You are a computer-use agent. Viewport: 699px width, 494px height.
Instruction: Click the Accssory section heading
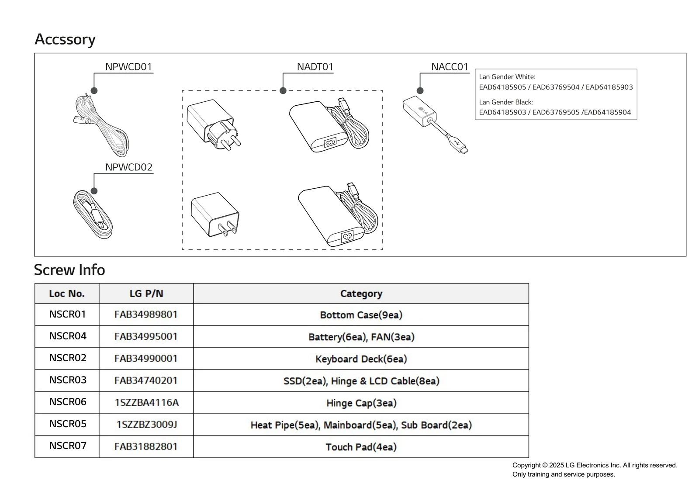[x=65, y=39]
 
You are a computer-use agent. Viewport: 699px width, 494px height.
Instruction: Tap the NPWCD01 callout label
[x=128, y=67]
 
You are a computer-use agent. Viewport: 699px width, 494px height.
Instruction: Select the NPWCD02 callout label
[x=128, y=167]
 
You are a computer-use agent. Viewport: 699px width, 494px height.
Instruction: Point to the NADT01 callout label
[x=315, y=67]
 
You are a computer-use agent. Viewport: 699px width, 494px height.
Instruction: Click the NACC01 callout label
[x=450, y=67]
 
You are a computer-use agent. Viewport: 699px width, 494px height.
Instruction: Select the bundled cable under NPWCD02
[x=93, y=215]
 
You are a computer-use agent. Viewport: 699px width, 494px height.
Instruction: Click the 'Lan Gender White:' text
[x=507, y=77]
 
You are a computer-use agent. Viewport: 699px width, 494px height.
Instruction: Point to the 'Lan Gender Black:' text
[x=506, y=102]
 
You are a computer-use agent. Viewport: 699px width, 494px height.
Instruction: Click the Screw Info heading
[x=69, y=270]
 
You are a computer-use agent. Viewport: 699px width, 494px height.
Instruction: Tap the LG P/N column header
[x=146, y=294]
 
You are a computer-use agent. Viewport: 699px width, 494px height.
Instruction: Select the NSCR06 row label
[x=68, y=402]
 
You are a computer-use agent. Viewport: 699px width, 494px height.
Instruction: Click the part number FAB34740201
[x=146, y=380]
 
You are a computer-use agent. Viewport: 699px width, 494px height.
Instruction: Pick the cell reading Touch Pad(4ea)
[x=361, y=447]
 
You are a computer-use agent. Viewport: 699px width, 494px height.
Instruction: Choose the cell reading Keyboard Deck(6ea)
[x=361, y=359]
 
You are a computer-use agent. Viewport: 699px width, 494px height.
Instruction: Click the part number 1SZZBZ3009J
[x=146, y=425]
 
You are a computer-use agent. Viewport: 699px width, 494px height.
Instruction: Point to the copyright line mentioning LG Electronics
[x=595, y=465]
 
